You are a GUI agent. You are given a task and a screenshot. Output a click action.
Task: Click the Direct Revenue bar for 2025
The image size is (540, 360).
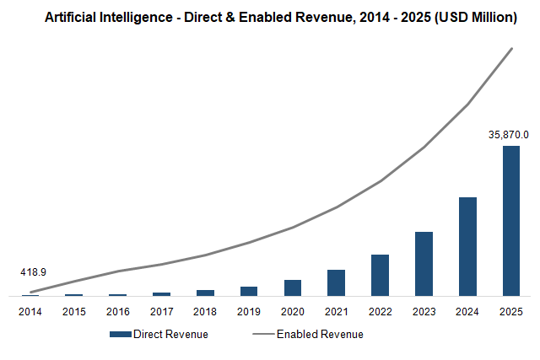pyautogui.click(x=511, y=221)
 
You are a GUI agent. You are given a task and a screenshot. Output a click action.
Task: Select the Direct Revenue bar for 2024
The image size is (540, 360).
pyautogui.click(x=467, y=246)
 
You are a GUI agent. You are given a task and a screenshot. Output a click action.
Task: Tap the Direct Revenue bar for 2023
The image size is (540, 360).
pyautogui.click(x=424, y=264)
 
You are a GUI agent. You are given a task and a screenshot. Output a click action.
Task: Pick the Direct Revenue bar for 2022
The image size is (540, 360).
pyautogui.click(x=380, y=275)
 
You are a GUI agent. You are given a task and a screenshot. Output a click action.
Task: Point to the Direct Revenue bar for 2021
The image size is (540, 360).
pyautogui.click(x=336, y=282)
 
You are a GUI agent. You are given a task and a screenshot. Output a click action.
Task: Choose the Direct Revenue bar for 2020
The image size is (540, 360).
pyautogui.click(x=292, y=287)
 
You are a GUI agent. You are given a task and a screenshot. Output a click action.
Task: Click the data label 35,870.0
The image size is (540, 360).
pyautogui.click(x=509, y=134)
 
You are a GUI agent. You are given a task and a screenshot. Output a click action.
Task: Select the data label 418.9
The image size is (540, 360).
pyautogui.click(x=33, y=272)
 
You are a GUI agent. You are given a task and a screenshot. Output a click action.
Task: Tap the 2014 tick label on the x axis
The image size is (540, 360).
pyautogui.click(x=30, y=311)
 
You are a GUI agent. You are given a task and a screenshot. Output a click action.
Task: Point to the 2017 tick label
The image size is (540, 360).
pyautogui.click(x=161, y=311)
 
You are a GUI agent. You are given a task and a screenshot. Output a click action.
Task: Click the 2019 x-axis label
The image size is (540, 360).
pyautogui.click(x=248, y=311)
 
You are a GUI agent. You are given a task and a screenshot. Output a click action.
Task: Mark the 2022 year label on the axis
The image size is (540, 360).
pyautogui.click(x=380, y=311)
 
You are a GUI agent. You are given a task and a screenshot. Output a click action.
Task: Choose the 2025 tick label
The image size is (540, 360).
pyautogui.click(x=511, y=311)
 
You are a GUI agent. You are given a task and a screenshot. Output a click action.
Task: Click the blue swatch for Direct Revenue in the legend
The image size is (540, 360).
pyautogui.click(x=120, y=334)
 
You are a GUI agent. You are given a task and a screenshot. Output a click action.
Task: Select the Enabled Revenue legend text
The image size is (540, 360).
pyautogui.click(x=320, y=334)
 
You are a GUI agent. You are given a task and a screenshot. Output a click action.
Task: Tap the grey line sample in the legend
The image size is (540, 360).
pyautogui.click(x=263, y=334)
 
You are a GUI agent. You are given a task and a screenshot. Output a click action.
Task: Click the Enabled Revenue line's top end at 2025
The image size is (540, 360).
pyautogui.click(x=511, y=49)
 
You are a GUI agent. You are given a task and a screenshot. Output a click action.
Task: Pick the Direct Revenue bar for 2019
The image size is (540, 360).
pyautogui.click(x=248, y=291)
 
